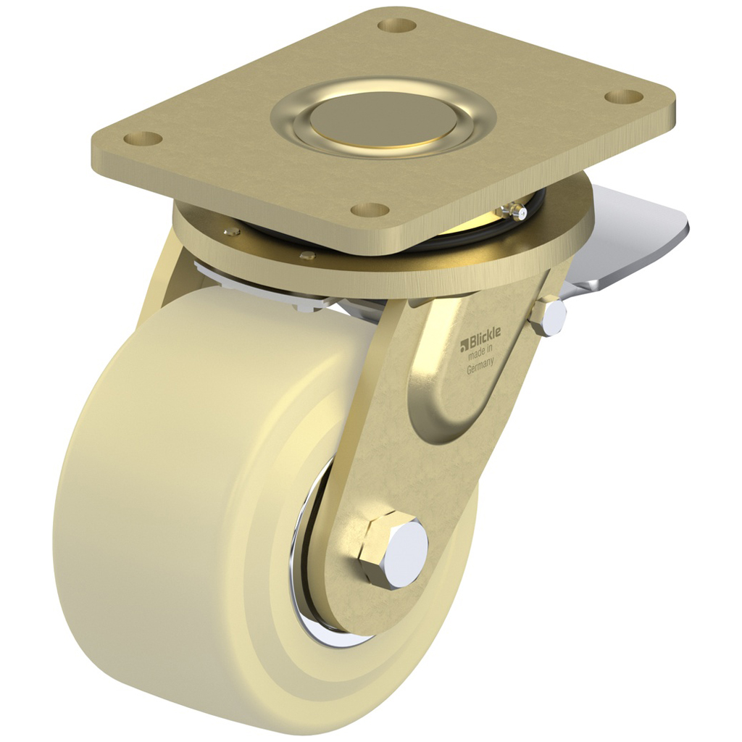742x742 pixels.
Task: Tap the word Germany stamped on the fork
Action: tap(480, 366)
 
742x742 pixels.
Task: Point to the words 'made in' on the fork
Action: tap(480, 354)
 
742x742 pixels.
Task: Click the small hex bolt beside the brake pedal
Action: tap(549, 315)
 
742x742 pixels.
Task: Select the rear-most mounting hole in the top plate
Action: tap(396, 25)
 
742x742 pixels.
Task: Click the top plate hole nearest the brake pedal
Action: tap(623, 97)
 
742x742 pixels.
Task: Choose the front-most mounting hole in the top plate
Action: tap(370, 210)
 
